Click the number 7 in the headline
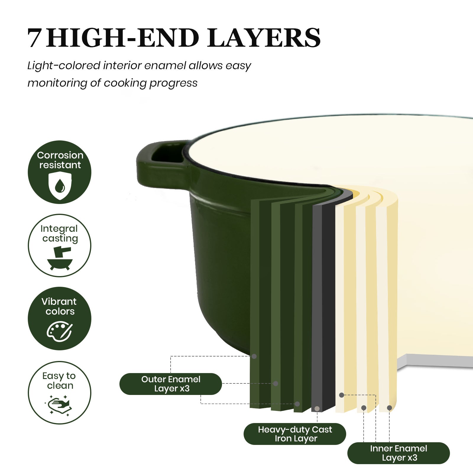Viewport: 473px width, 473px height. click(x=34, y=38)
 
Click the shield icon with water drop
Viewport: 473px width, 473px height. click(x=60, y=186)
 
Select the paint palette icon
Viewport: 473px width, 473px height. click(x=60, y=332)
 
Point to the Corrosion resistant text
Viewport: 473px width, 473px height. click(x=60, y=160)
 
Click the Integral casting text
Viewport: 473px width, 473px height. click(x=59, y=234)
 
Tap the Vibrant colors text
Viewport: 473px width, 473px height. click(x=59, y=306)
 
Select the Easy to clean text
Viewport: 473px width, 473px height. click(x=59, y=381)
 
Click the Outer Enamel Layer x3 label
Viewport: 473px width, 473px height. click(x=171, y=384)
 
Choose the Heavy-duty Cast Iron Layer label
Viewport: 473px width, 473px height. click(x=295, y=434)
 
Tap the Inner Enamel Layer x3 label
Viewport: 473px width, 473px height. click(x=399, y=453)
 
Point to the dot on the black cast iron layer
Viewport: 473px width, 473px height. click(x=317, y=409)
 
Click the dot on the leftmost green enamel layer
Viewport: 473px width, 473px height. click(x=254, y=356)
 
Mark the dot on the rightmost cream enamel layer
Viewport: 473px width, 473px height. click(x=389, y=408)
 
